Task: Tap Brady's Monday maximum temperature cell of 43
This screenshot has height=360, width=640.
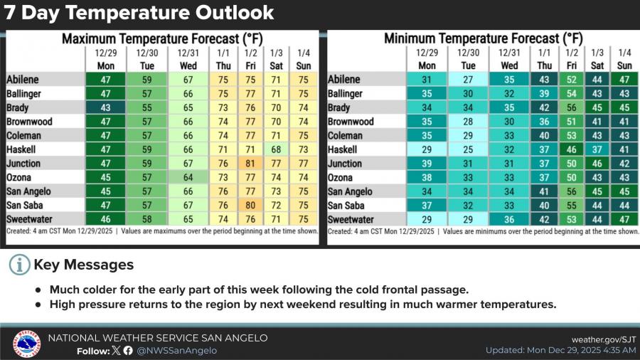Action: pyautogui.click(x=105, y=107)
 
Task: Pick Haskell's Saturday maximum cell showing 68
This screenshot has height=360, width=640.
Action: pyautogui.click(x=277, y=149)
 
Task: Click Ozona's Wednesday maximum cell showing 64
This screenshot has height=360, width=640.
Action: pyautogui.click(x=188, y=177)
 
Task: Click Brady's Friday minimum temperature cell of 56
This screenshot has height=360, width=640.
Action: pyautogui.click(x=571, y=107)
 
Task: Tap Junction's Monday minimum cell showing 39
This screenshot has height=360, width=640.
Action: pyautogui.click(x=427, y=163)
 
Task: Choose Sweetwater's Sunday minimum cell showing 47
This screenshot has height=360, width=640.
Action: pyautogui.click(x=624, y=219)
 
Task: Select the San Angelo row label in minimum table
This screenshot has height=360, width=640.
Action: pyautogui.click(x=351, y=191)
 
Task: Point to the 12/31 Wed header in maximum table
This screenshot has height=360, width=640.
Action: pyautogui.click(x=188, y=59)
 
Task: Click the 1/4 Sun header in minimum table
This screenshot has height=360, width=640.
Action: pyautogui.click(x=624, y=59)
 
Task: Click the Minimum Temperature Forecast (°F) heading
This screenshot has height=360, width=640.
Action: pyautogui.click(x=483, y=38)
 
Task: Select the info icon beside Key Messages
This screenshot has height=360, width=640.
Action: pyautogui.click(x=18, y=265)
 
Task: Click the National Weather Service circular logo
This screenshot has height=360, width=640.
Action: pyautogui.click(x=26, y=344)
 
